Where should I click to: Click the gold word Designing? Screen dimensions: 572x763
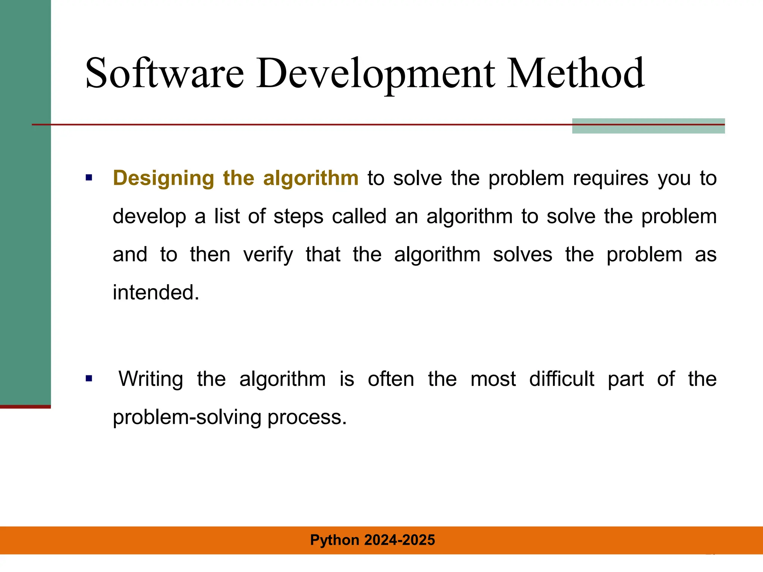164,178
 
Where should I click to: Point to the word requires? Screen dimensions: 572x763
611,178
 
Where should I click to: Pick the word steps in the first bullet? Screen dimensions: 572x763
298,216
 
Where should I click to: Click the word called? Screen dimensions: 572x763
359,216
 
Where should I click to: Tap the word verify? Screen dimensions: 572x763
268,255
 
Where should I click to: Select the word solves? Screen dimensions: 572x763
522,255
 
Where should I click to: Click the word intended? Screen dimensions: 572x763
156,292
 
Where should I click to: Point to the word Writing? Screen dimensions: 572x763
151,379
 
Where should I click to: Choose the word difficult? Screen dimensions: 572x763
561,379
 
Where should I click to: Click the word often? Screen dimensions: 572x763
391,379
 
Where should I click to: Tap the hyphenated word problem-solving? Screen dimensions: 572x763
187,417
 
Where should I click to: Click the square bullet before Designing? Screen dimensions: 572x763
89,178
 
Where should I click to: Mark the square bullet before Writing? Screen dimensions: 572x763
89,379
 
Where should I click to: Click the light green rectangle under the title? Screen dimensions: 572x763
648,129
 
